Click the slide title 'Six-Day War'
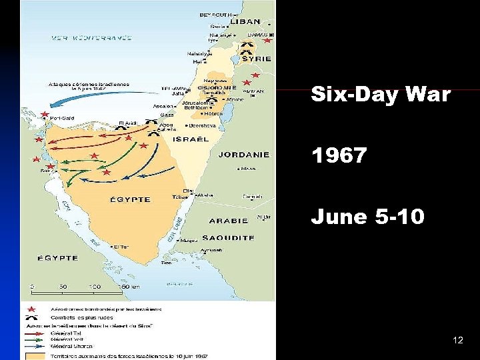[381, 95]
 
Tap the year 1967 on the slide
[339, 156]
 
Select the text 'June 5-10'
[367, 217]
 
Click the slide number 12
[457, 340]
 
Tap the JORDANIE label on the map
[243, 155]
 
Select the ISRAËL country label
[191, 139]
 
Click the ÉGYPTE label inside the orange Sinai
[130, 199]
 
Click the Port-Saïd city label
[62, 119]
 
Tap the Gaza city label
[167, 115]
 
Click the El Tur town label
[121, 247]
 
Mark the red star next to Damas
[267, 40]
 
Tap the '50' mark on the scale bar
[63, 287]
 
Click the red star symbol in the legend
[32, 309]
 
